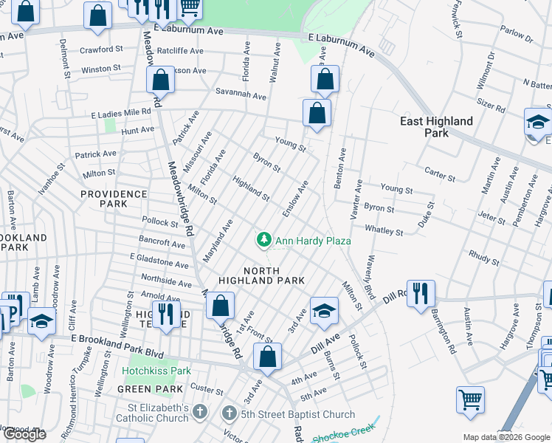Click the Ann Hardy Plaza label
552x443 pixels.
click(312, 241)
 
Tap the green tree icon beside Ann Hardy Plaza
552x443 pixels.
click(263, 240)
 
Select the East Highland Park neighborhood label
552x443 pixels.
click(436, 127)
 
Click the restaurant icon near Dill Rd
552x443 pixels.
click(420, 292)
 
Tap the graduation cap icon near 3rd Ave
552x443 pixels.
click(323, 310)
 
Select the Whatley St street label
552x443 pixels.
click(384, 231)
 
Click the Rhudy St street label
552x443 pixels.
click(483, 257)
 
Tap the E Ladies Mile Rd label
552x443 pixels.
click(121, 114)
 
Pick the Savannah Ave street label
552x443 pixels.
click(241, 95)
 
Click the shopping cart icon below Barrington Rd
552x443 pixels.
click(470, 399)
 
